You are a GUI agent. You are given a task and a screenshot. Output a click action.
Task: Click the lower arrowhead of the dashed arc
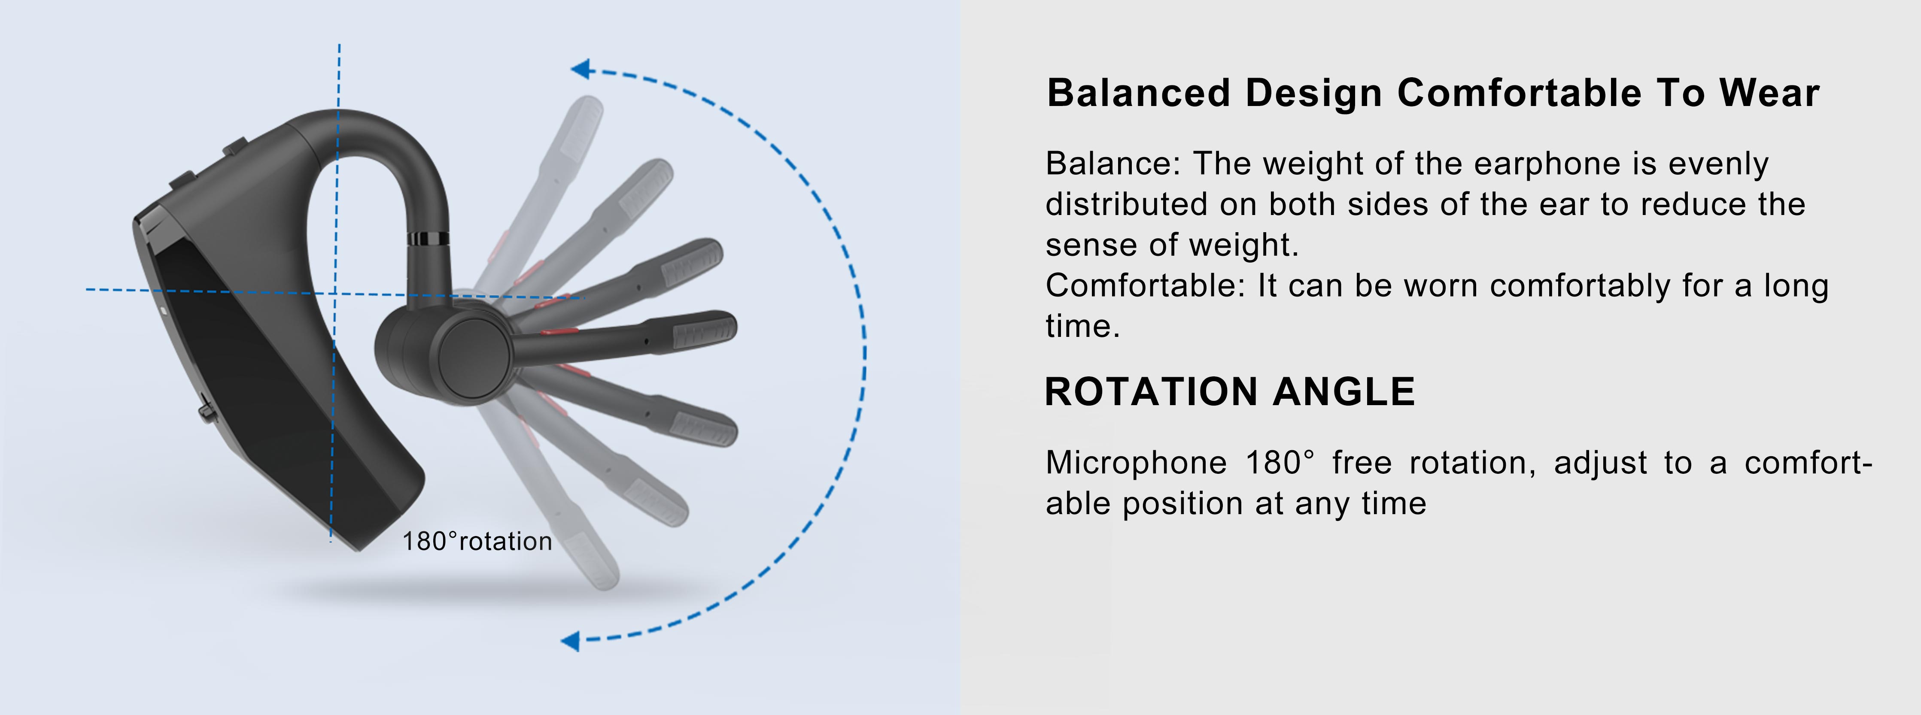point(571,640)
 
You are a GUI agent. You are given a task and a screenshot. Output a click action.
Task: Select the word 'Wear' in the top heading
point(1769,93)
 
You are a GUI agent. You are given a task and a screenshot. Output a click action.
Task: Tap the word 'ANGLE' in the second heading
point(1344,391)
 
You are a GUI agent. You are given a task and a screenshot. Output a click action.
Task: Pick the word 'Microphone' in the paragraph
point(1136,463)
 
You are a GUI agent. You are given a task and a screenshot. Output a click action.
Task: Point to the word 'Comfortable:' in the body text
point(1146,285)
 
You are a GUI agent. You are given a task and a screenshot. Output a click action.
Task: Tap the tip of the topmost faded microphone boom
point(591,103)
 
